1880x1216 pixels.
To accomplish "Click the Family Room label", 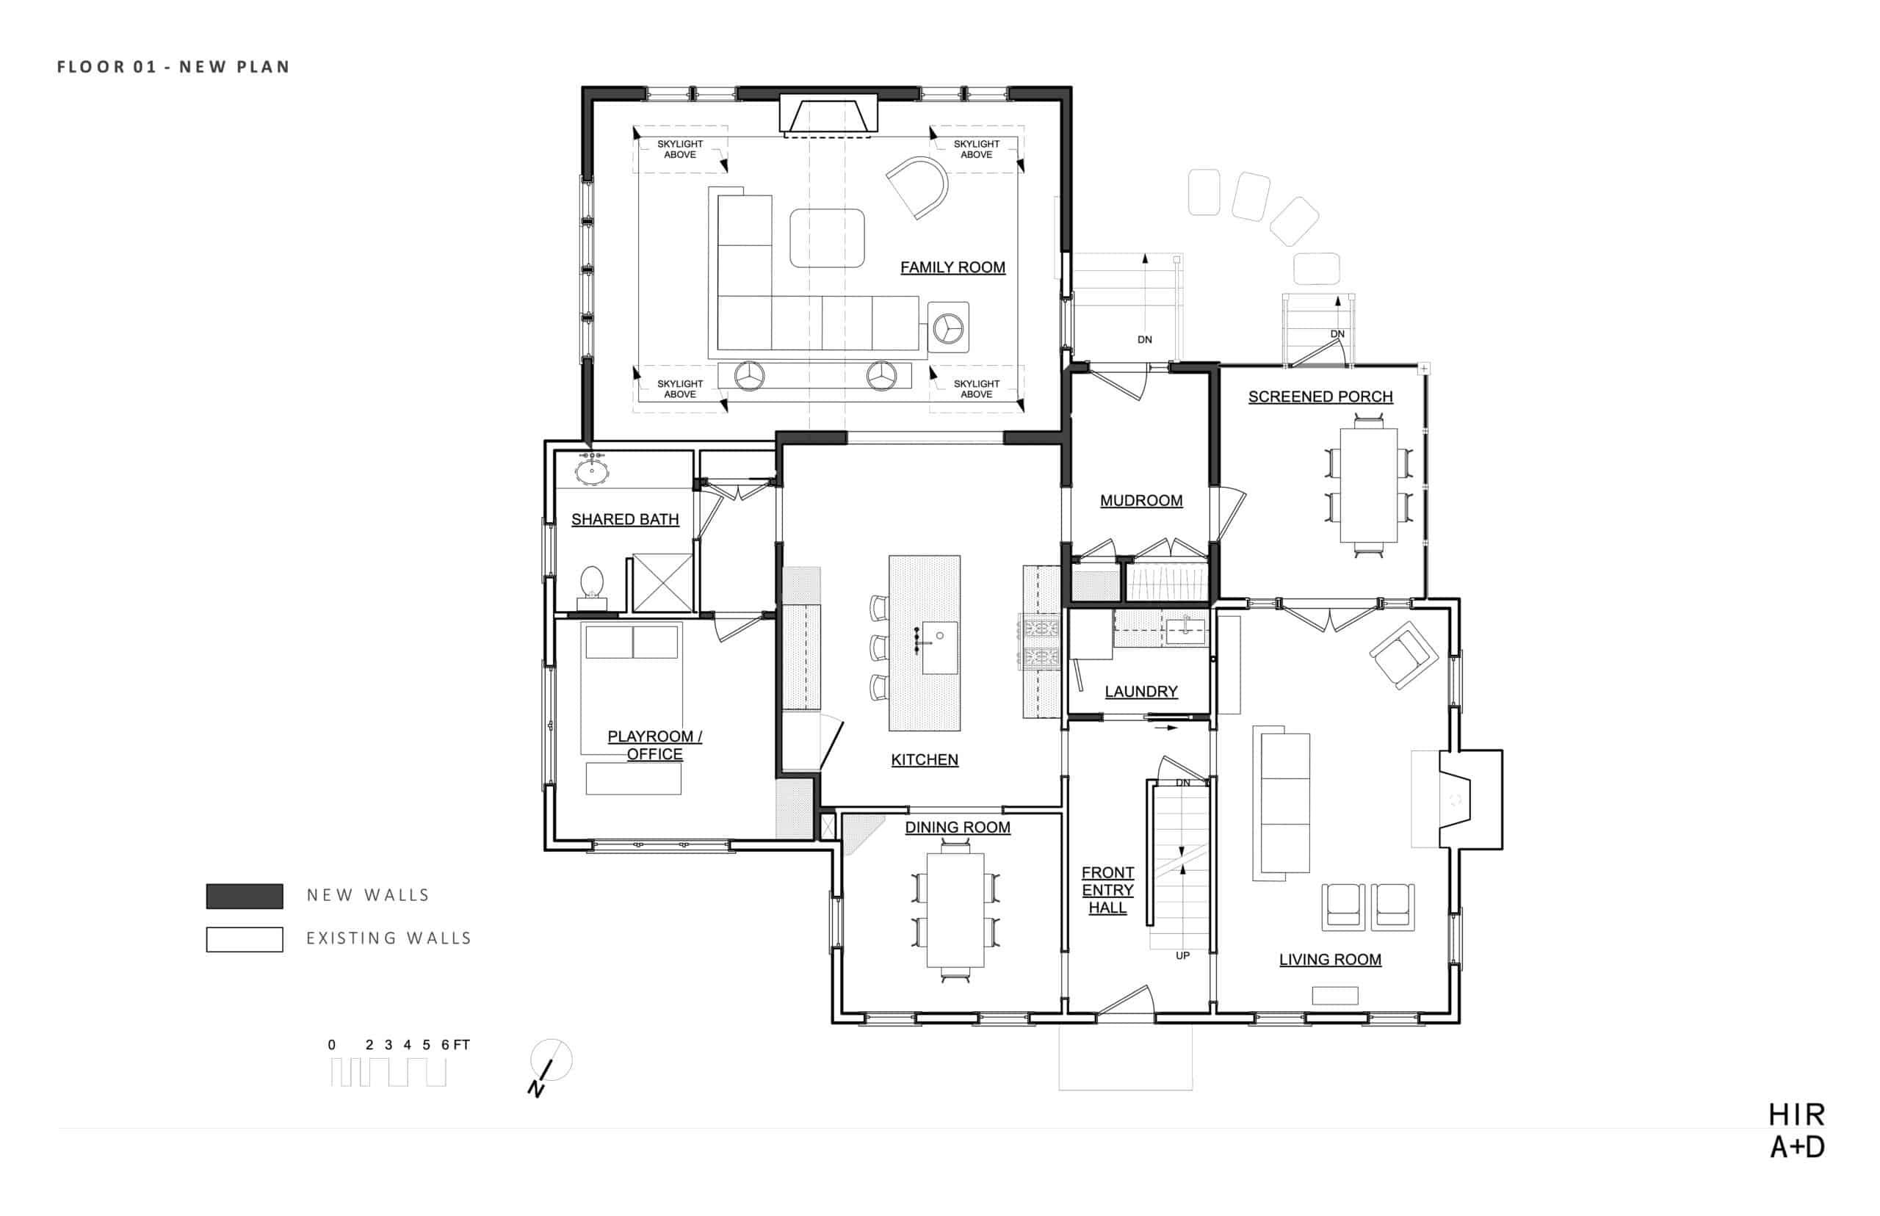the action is [x=952, y=268].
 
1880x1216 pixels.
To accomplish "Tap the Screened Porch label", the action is [x=1320, y=397].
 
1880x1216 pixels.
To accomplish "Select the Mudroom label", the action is [x=1141, y=501].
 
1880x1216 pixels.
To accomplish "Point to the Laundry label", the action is [x=1141, y=692].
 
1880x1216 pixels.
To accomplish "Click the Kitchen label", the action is [x=925, y=759].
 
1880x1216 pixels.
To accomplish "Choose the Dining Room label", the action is [x=957, y=828].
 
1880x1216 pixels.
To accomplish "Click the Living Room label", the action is [x=1330, y=960].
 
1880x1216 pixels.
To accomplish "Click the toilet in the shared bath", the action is [x=592, y=587].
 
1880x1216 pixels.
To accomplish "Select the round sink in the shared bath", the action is [x=591, y=472].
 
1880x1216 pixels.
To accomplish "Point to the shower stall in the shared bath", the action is [x=662, y=583].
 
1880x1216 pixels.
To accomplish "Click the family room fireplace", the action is [x=828, y=115].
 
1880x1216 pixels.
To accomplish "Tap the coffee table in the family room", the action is [x=827, y=238].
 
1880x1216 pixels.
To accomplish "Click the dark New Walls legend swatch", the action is [x=245, y=896].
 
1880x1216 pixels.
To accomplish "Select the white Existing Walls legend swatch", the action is [x=245, y=939].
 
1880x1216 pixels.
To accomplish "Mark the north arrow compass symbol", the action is [x=549, y=1065].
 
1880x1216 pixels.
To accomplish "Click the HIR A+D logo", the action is [x=1796, y=1131].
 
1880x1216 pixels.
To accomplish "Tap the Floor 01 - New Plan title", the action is [x=173, y=67].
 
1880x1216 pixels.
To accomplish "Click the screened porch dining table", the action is [x=1367, y=485].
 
